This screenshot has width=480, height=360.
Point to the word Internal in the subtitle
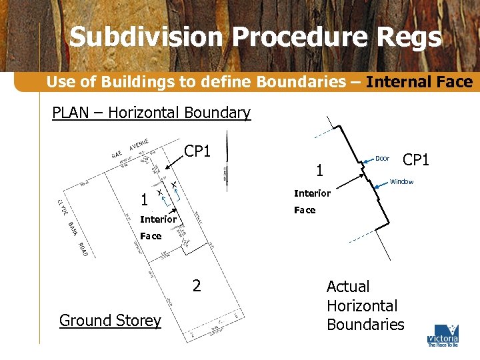coord(399,83)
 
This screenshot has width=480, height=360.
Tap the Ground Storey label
coord(110,321)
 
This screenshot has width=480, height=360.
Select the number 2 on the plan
coord(196,286)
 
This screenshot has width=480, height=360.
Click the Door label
coord(382,159)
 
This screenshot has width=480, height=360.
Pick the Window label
coord(401,182)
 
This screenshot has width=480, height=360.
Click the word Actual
coord(347,287)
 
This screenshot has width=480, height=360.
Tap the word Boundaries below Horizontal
coord(365,325)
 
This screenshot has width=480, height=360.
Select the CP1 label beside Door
coord(417,160)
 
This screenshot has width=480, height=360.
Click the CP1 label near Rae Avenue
coord(197,151)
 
